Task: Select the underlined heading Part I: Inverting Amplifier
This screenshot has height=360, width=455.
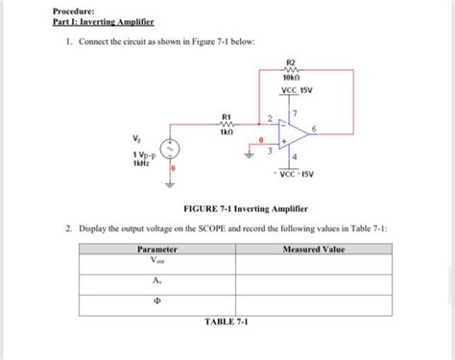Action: (99, 22)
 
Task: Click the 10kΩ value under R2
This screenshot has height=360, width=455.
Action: (290, 78)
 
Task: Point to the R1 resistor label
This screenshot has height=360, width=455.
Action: (227, 115)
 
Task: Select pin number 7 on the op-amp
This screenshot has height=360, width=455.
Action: (296, 113)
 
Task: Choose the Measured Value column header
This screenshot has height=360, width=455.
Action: (314, 250)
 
